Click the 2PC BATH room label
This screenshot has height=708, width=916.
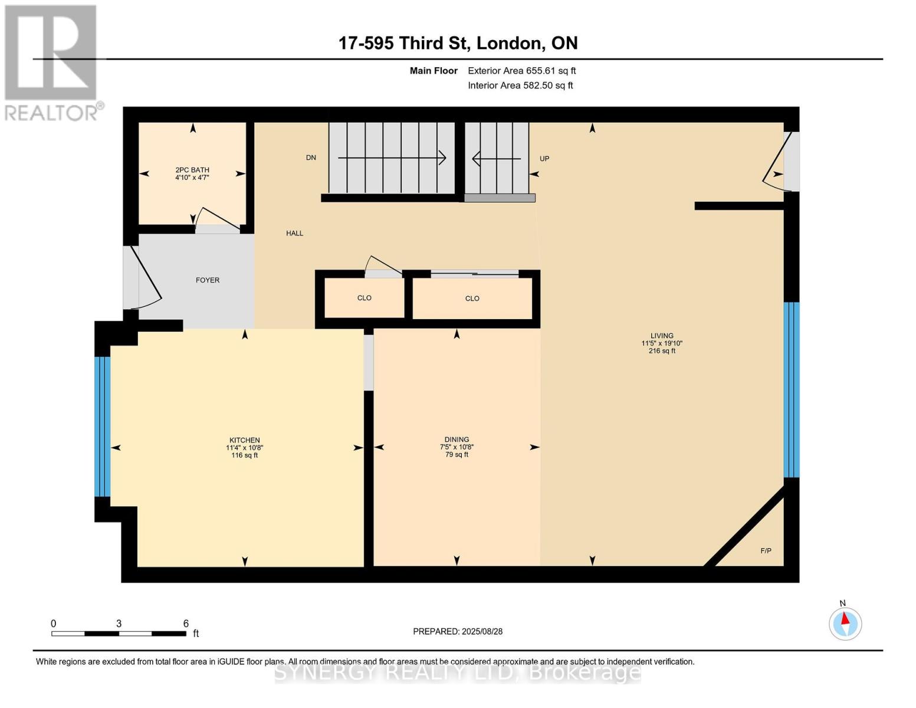(192, 169)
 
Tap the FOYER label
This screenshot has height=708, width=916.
(208, 280)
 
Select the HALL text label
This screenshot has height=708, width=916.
(295, 233)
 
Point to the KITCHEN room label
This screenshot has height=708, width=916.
(245, 440)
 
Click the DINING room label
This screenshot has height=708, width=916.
(457, 440)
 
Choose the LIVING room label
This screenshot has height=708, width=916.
(662, 336)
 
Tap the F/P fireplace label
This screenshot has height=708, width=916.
(766, 550)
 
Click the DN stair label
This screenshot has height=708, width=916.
(311, 158)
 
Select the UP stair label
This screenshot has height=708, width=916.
(544, 159)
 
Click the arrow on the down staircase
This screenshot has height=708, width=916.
(392, 158)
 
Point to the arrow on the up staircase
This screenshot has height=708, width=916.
(497, 159)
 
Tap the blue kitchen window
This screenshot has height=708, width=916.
(103, 427)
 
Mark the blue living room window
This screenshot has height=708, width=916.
(791, 389)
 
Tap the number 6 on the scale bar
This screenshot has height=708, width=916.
(186, 623)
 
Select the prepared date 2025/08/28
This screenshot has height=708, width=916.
(482, 631)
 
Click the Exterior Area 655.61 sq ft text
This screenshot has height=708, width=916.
(522, 71)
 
